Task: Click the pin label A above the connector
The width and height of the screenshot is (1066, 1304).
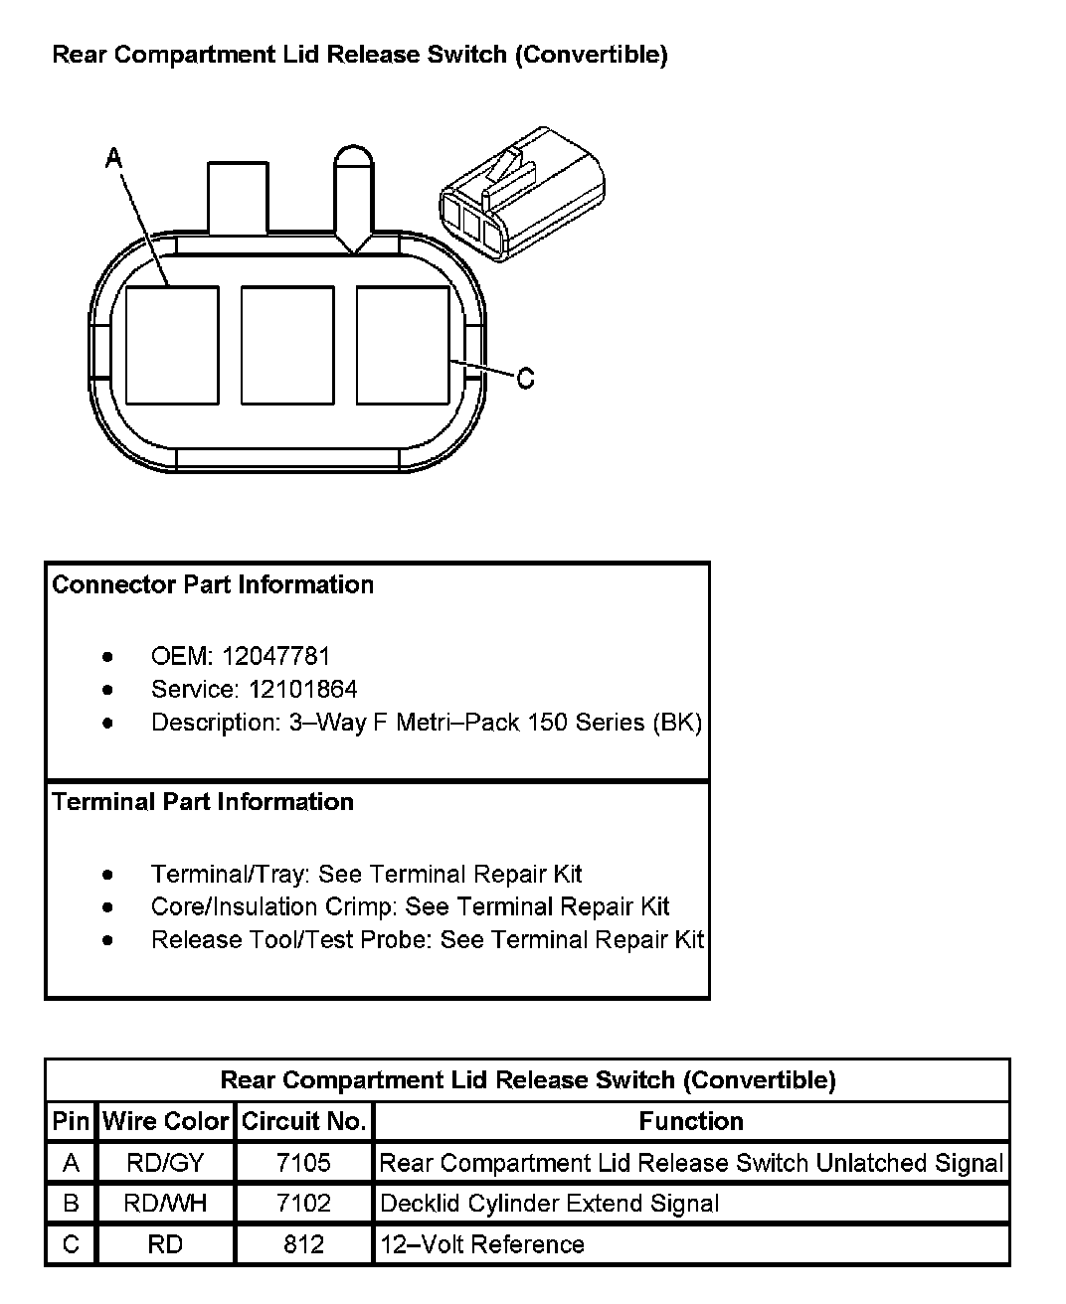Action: pyautogui.click(x=114, y=157)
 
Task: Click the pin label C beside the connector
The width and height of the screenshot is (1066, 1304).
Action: pyautogui.click(x=526, y=378)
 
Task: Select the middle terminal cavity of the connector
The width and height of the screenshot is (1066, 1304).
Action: pyautogui.click(x=287, y=345)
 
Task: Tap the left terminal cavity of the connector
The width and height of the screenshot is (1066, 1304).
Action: pyautogui.click(x=172, y=345)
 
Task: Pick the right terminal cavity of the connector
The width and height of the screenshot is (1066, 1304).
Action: pyautogui.click(x=402, y=345)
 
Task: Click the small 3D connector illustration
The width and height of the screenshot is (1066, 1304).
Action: pyautogui.click(x=521, y=195)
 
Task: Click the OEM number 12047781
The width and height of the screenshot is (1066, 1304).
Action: pyautogui.click(x=275, y=656)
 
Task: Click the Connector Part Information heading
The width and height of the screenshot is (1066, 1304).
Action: pyautogui.click(x=213, y=584)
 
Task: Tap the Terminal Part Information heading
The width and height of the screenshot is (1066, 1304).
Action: pyautogui.click(x=203, y=801)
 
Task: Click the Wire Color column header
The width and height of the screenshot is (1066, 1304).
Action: pyautogui.click(x=165, y=1121)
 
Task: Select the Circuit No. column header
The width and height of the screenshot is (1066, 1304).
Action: pyautogui.click(x=303, y=1121)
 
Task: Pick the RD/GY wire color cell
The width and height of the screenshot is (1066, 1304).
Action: pyautogui.click(x=165, y=1163)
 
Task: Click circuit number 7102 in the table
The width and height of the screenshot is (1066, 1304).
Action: pyautogui.click(x=303, y=1204)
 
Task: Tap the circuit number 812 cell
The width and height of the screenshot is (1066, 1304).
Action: pyautogui.click(x=303, y=1244)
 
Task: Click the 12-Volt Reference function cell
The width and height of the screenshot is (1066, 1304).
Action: pyautogui.click(x=482, y=1244)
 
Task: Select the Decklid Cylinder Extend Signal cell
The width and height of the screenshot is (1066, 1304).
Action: pyautogui.click(x=549, y=1204)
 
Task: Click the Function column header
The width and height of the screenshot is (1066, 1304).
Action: pyautogui.click(x=691, y=1121)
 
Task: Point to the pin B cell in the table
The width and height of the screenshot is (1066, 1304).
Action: pyautogui.click(x=71, y=1204)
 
